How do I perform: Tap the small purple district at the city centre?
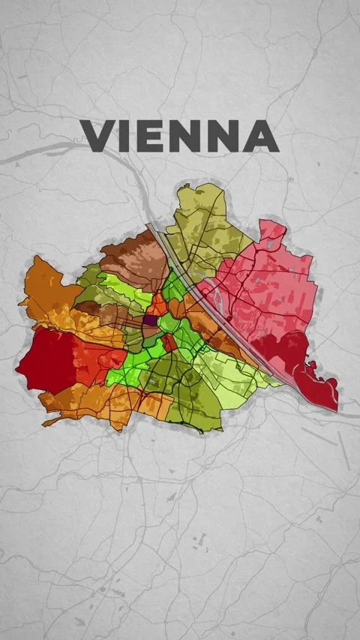click(x=150, y=320)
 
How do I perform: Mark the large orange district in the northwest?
click(x=49, y=289)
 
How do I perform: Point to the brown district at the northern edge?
click(x=135, y=255)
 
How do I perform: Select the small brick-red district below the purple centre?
click(x=169, y=343)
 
